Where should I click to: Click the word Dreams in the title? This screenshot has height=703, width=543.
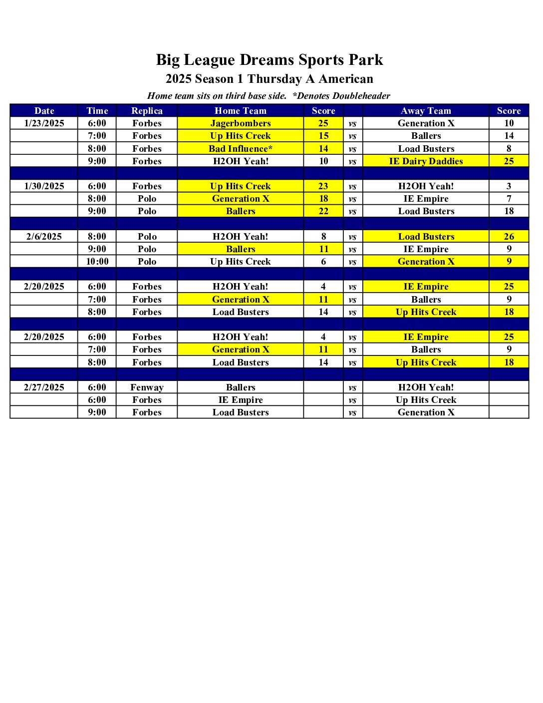click(267, 60)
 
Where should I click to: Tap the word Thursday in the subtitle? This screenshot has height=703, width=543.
click(274, 79)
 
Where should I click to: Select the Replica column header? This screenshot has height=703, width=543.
click(147, 111)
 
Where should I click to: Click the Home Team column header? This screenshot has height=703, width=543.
click(241, 111)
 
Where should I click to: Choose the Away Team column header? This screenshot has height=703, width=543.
click(426, 111)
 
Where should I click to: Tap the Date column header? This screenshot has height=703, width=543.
click(44, 111)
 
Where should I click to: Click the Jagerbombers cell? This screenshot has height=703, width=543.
click(241, 123)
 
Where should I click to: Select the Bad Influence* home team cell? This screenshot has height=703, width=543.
click(241, 149)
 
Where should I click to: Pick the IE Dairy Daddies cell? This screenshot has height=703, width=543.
click(426, 161)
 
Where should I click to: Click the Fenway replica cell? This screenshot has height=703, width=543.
click(147, 387)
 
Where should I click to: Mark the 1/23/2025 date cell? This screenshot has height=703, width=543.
click(44, 123)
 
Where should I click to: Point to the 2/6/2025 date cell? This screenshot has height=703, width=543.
click(44, 237)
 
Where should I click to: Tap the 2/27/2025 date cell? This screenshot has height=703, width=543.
click(44, 387)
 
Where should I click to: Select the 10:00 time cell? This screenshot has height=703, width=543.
click(97, 262)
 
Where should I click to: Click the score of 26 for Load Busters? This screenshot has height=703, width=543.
click(509, 237)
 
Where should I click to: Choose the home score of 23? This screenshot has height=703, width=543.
click(323, 186)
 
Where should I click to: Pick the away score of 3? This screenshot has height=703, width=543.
click(509, 186)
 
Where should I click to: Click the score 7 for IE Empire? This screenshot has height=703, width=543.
click(509, 199)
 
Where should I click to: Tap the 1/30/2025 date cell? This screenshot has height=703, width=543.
click(44, 186)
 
